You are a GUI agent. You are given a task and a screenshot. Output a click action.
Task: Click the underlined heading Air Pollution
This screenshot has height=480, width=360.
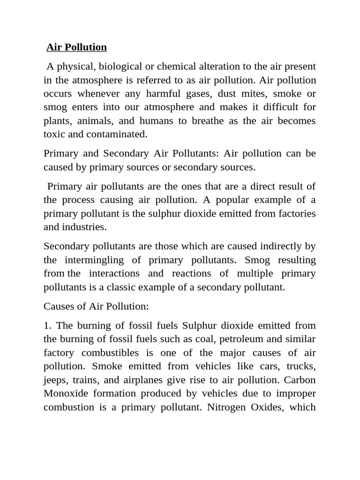(x=76, y=47)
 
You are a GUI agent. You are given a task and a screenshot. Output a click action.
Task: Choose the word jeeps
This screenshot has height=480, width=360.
(x=55, y=380)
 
